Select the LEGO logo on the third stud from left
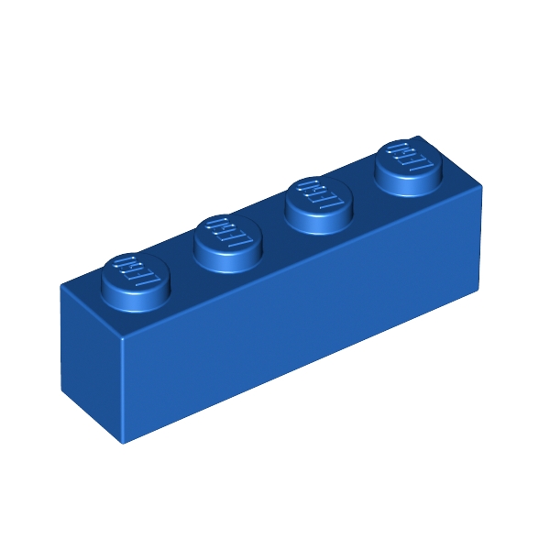pos(317,194)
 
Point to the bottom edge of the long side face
pos(302,366)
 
